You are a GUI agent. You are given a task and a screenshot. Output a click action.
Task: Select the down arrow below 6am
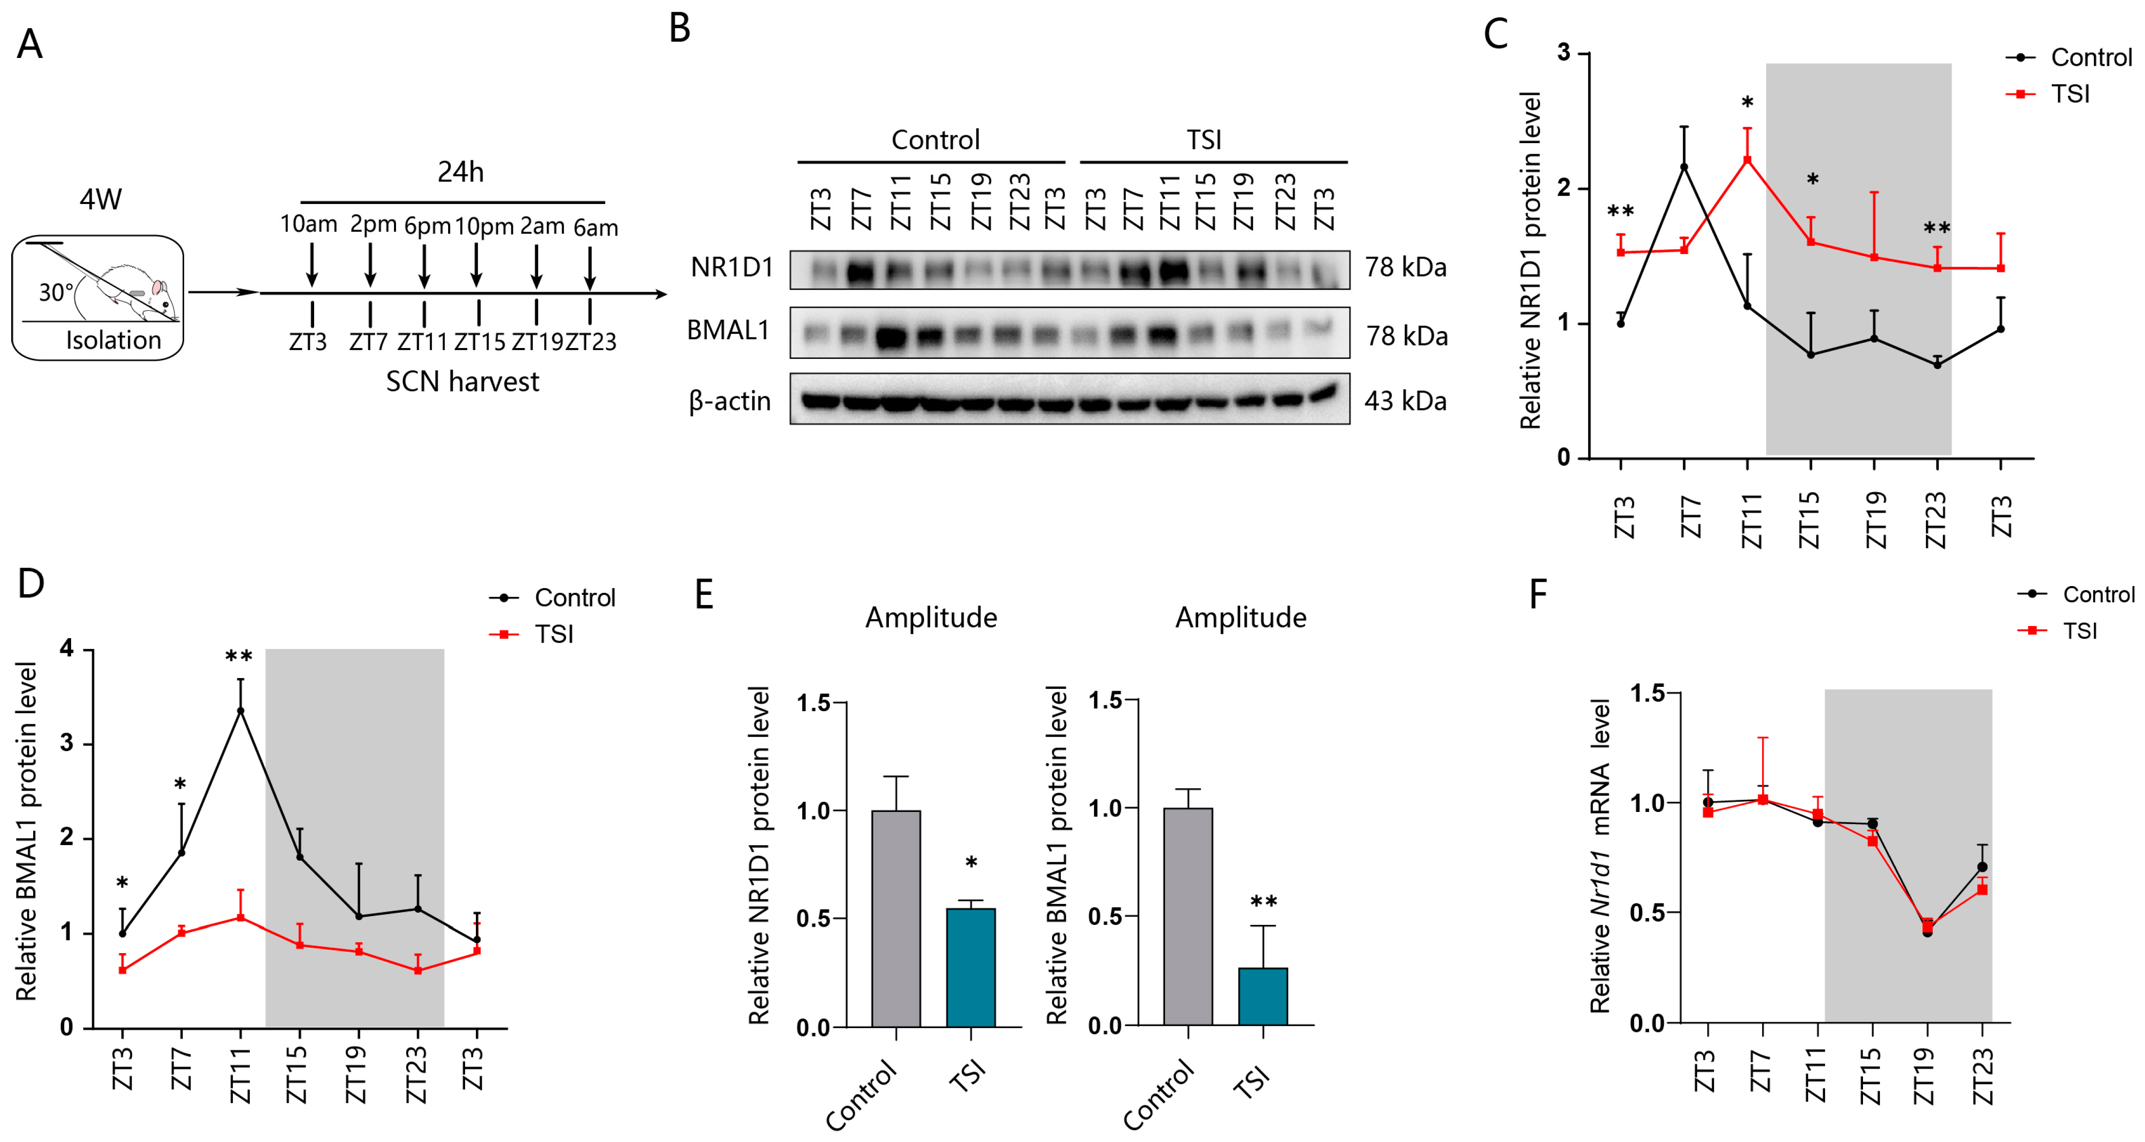point(589,268)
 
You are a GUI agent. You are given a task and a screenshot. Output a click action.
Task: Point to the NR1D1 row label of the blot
point(731,267)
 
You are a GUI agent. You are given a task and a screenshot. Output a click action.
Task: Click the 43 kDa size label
point(1405,401)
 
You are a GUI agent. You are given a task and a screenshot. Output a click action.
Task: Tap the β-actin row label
point(730,401)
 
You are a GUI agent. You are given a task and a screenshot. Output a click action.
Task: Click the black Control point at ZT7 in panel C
point(1684,167)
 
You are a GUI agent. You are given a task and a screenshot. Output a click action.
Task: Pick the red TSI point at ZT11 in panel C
point(1747,160)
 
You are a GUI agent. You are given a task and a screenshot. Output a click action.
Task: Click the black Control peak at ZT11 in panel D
point(241,711)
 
